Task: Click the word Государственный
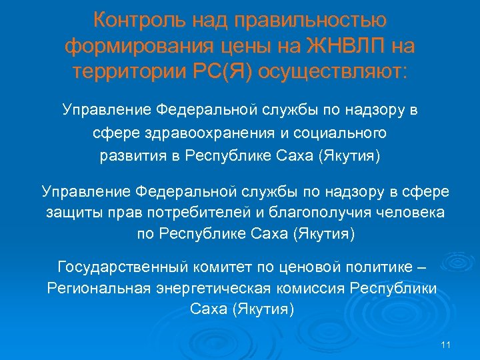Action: [x=125, y=267]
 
